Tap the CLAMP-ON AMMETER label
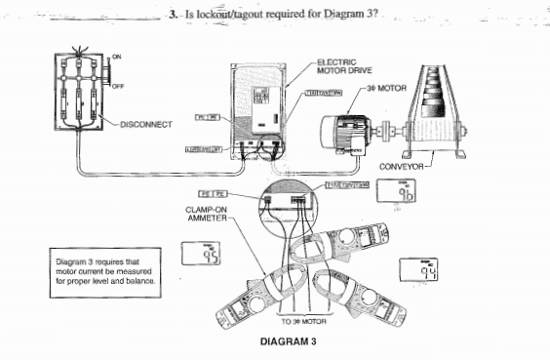point(206,213)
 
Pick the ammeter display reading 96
point(409,193)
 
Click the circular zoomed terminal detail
point(288,206)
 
